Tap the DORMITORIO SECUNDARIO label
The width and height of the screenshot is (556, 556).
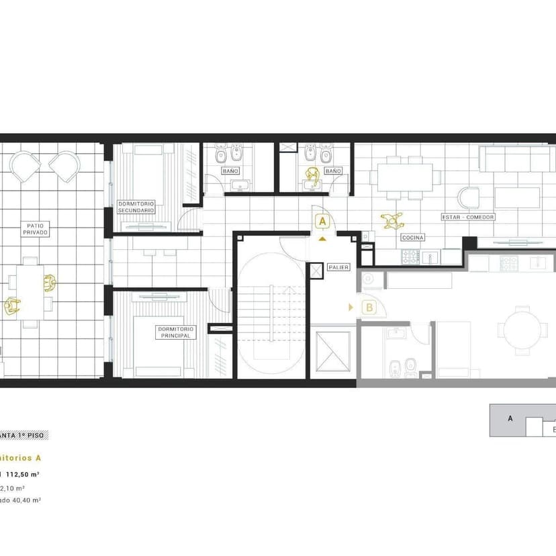tap(136, 206)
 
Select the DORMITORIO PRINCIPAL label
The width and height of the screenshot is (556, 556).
tap(176, 332)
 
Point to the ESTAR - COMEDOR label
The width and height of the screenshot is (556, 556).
tap(468, 217)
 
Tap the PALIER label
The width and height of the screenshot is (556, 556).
tap(338, 267)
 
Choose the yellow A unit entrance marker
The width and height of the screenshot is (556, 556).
tap(322, 221)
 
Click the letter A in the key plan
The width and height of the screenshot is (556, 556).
tap(510, 418)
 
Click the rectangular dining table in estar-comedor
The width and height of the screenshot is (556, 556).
tap(405, 178)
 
